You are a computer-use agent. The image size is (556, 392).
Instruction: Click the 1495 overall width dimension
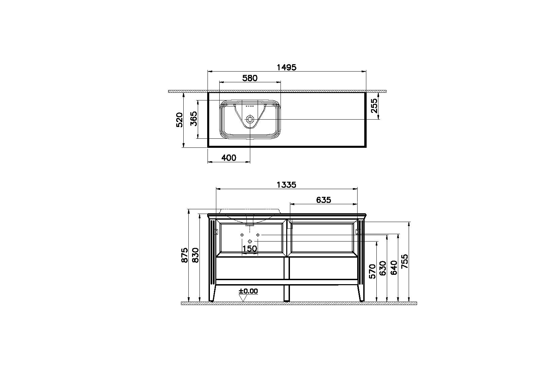(286, 67)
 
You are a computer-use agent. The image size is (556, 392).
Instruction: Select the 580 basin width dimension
(250, 78)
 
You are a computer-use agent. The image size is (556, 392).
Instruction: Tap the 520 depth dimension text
(180, 120)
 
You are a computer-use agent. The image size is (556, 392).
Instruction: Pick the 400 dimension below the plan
(229, 158)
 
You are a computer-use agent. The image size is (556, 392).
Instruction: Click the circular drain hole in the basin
(250, 119)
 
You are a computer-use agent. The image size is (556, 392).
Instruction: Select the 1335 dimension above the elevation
(286, 184)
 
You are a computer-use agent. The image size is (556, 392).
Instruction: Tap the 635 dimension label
(324, 200)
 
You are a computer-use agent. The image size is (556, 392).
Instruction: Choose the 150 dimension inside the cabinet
(250, 249)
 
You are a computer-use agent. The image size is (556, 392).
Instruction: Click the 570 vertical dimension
(372, 271)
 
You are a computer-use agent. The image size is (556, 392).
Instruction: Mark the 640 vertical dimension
(394, 268)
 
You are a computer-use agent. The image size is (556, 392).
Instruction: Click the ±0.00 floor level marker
(248, 291)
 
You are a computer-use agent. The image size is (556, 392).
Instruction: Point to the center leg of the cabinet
(287, 279)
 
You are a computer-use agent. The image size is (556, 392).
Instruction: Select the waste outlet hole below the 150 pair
(250, 242)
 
